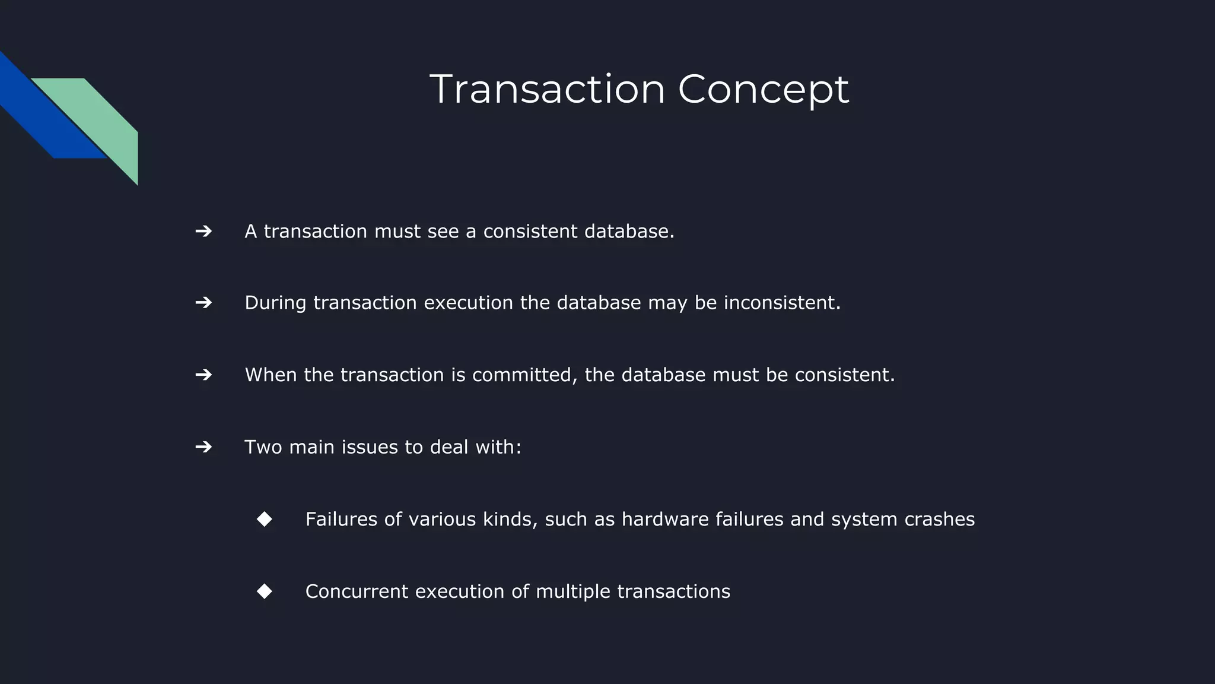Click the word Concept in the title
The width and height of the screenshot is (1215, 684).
click(763, 90)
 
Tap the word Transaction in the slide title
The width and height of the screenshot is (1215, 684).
click(547, 90)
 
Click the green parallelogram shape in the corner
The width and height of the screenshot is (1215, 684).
click(101, 122)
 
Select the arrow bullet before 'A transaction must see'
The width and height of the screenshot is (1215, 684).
click(203, 231)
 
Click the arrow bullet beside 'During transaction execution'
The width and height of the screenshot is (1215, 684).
click(203, 303)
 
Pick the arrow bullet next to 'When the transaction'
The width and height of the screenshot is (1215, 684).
click(203, 375)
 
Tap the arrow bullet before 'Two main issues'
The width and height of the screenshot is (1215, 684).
click(203, 446)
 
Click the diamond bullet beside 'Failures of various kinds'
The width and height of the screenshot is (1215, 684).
click(265, 519)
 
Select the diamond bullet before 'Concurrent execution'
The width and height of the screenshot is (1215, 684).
click(265, 591)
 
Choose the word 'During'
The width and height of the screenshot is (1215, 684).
click(275, 303)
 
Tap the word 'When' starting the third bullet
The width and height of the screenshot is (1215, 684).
click(271, 375)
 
